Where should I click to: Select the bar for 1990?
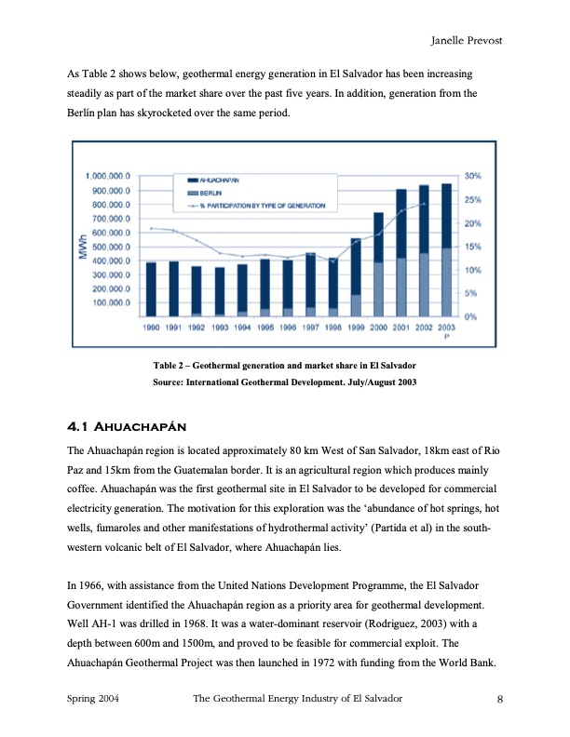[152, 288]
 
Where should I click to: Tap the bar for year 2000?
[379, 265]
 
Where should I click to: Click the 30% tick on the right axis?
[471, 176]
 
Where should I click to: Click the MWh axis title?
[85, 246]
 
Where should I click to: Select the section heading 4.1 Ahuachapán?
[128, 427]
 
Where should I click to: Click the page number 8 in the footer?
[500, 699]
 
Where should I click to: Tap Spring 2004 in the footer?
[98, 699]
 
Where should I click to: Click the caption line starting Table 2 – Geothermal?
[284, 365]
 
